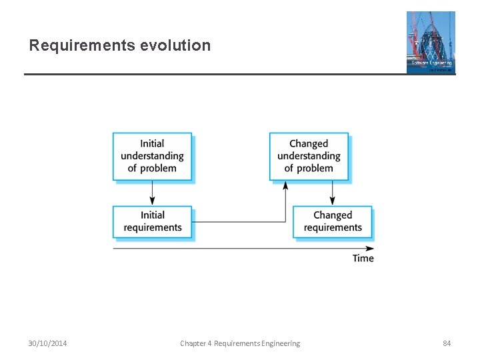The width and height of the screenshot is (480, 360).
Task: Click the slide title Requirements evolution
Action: pyautogui.click(x=120, y=45)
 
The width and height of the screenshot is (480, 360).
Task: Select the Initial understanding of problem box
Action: pyautogui.click(x=152, y=156)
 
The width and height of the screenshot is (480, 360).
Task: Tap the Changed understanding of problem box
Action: pyautogui.click(x=309, y=156)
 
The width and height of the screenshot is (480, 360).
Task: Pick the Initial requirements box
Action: pyautogui.click(x=152, y=221)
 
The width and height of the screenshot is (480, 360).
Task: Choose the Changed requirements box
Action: pyautogui.click(x=332, y=221)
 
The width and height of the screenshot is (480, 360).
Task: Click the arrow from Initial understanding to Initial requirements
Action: pyautogui.click(x=152, y=193)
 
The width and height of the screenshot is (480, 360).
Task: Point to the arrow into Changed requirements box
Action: pyautogui.click(x=332, y=193)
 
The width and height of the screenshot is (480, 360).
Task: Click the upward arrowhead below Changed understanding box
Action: pyautogui.click(x=285, y=185)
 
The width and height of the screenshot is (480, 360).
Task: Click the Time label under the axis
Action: pyautogui.click(x=363, y=259)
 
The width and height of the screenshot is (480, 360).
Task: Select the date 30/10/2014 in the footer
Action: pyautogui.click(x=47, y=343)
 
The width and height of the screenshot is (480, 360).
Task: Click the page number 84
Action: pyautogui.click(x=447, y=343)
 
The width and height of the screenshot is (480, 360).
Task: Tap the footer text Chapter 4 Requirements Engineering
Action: pyautogui.click(x=240, y=343)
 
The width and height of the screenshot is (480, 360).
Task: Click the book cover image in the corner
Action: pyautogui.click(x=431, y=42)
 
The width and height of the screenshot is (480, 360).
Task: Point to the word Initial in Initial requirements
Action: pyautogui.click(x=152, y=215)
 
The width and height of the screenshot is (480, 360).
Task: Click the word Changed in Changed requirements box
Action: pyautogui.click(x=332, y=215)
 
